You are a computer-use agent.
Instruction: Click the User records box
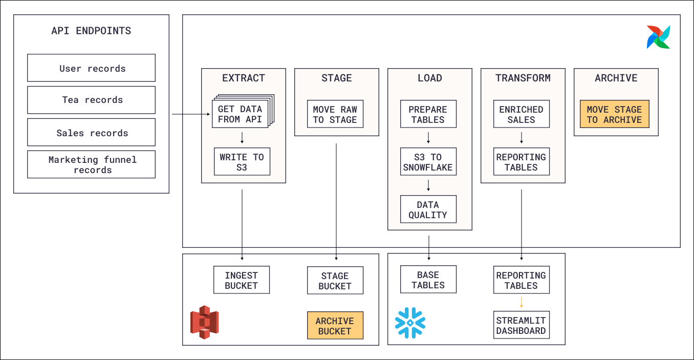tap(91, 68)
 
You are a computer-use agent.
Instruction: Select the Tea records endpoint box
tap(91, 100)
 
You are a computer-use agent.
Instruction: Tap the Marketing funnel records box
tap(91, 164)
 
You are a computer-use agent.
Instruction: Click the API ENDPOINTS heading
tap(91, 31)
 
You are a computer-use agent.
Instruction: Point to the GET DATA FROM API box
tap(240, 114)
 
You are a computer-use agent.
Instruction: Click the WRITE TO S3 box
tap(242, 162)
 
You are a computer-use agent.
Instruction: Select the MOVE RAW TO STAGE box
tap(335, 114)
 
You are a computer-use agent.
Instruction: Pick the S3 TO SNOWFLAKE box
tap(428, 162)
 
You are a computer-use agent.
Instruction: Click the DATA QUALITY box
tap(428, 209)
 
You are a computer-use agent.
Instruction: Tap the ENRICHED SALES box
tap(521, 114)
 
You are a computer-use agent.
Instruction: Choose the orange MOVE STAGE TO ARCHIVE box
tap(614, 114)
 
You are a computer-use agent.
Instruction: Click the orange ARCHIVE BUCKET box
tap(335, 326)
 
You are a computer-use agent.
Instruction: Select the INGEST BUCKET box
tap(242, 280)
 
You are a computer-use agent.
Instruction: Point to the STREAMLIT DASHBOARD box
tap(521, 325)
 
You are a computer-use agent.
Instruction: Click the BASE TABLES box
tap(428, 280)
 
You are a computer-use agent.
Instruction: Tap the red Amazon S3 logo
tap(205, 322)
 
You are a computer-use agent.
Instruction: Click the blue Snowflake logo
tap(410, 323)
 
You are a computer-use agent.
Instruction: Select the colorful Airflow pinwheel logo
tap(658, 37)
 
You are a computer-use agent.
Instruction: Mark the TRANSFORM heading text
tap(523, 78)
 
